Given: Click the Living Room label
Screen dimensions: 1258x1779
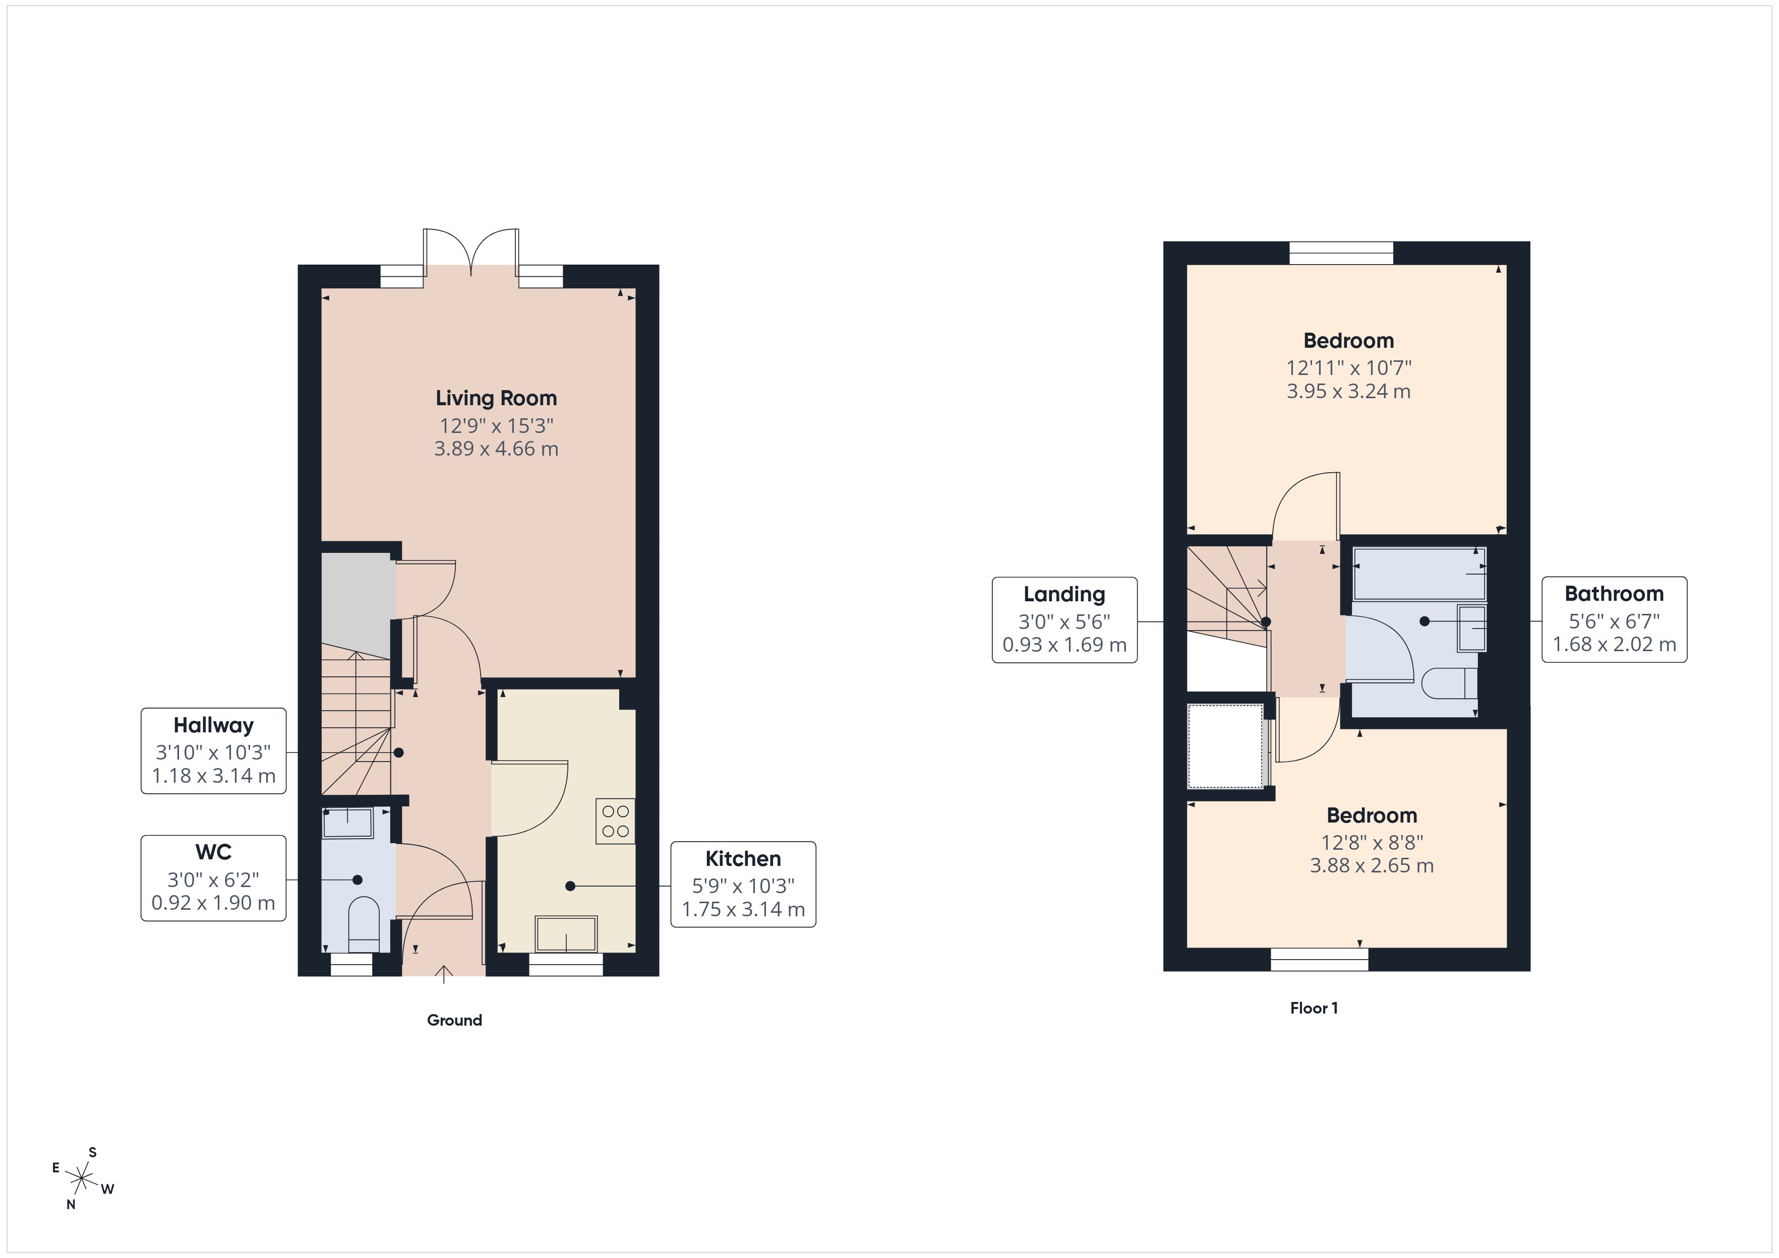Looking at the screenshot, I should pos(496,398).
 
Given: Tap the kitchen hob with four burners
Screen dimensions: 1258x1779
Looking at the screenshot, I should pos(615,821).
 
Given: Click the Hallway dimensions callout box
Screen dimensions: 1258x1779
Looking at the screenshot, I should pos(213,750).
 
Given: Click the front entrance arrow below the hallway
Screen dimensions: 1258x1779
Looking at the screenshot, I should pos(444,974).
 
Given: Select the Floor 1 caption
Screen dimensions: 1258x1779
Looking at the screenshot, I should pos(1314,1008).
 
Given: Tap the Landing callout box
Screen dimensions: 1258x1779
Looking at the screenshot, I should pos(1064,620).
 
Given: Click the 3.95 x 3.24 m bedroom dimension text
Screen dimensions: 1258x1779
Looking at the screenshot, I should pos(1348,391).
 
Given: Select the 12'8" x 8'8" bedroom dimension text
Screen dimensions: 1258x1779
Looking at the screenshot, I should pos(1372,842).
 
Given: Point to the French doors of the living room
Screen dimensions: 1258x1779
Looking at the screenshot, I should pos(471,252).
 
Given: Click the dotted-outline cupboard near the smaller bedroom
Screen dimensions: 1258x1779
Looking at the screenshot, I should pos(1226,746).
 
